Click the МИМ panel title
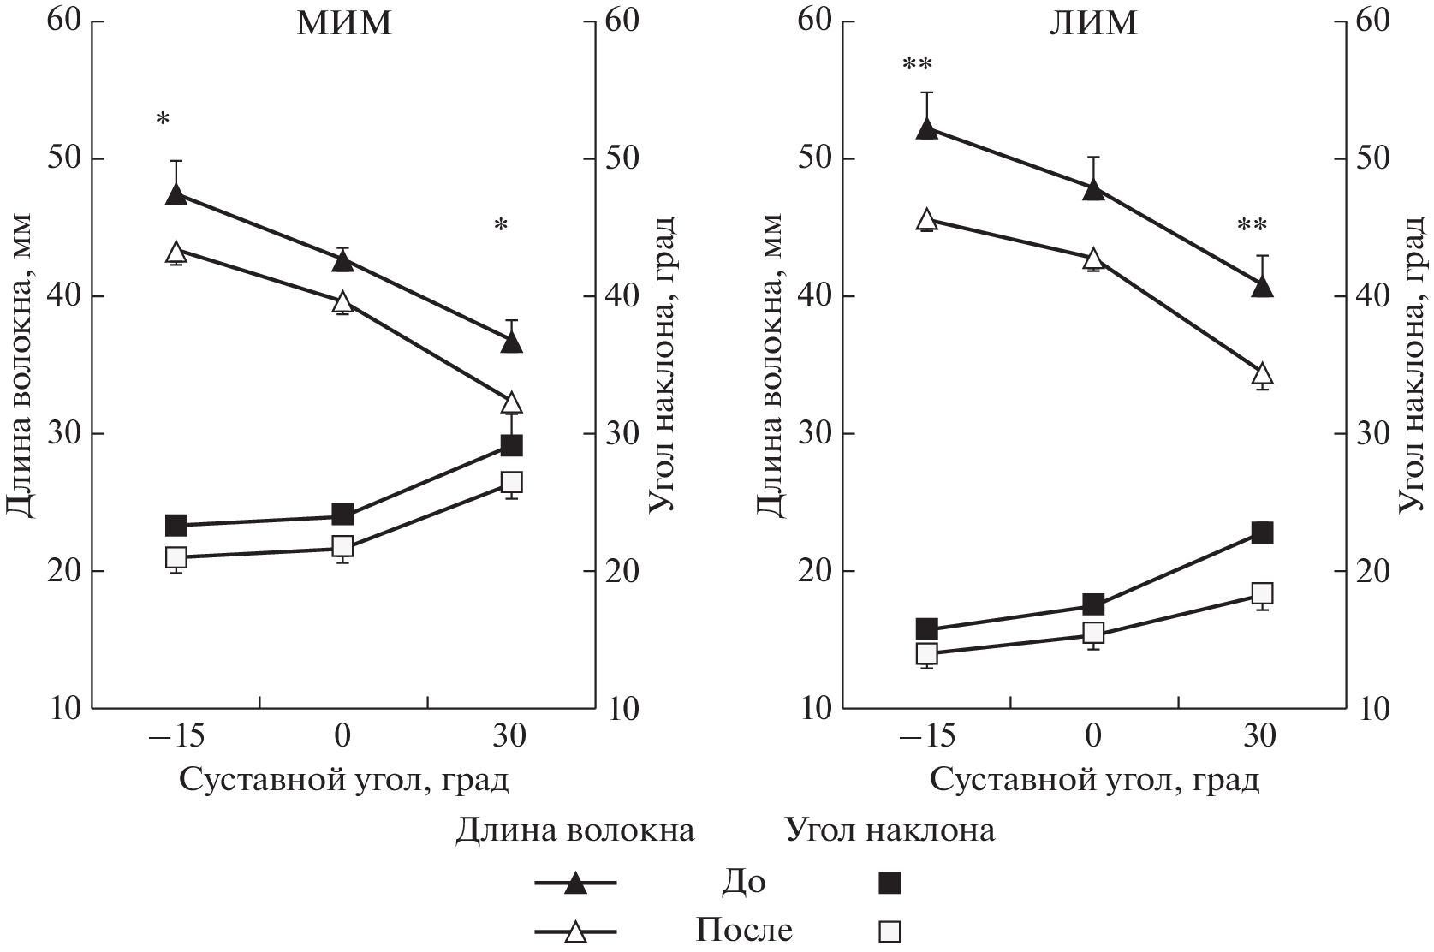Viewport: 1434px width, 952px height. tap(344, 23)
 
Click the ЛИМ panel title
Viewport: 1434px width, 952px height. tap(1094, 23)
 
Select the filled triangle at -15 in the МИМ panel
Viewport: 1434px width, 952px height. tap(176, 194)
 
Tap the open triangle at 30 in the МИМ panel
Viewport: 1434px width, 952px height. tap(511, 402)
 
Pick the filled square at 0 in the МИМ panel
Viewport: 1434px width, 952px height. tap(342, 515)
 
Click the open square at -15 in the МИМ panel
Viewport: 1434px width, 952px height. tap(176, 557)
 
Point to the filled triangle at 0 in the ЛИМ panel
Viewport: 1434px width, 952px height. tap(1093, 190)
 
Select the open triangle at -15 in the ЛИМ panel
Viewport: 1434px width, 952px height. tap(926, 220)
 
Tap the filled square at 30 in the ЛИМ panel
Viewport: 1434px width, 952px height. tap(1262, 533)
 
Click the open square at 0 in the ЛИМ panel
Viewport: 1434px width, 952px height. tap(1093, 634)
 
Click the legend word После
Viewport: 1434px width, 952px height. tap(743, 931)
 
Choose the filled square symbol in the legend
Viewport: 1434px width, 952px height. tap(891, 883)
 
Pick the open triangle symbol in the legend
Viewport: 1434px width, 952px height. tap(576, 931)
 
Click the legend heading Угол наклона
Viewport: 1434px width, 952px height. tap(890, 830)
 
